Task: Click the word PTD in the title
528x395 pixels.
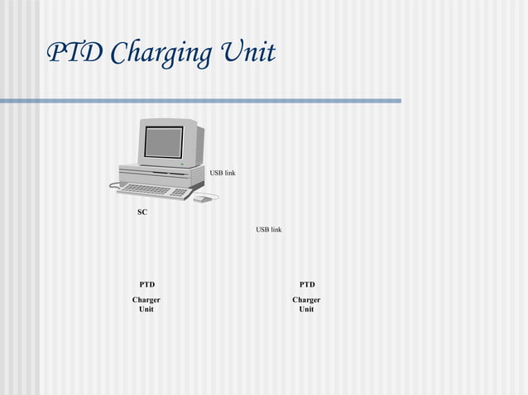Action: tap(74, 53)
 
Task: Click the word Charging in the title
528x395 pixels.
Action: tap(161, 55)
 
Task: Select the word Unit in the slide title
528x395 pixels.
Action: tap(247, 53)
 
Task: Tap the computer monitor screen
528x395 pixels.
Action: tap(163, 142)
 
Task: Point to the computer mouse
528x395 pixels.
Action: tap(201, 198)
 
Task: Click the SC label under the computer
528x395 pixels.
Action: tap(142, 212)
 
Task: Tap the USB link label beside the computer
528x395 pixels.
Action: tap(222, 173)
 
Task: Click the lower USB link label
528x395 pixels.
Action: tap(268, 229)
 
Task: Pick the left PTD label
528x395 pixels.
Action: tap(146, 284)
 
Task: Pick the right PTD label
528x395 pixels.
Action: tap(306, 284)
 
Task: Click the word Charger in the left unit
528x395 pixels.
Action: tap(146, 299)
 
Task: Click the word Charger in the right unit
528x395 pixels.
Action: tap(306, 299)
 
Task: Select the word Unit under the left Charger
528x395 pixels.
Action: tap(146, 309)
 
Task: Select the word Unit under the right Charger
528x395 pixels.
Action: tap(306, 309)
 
